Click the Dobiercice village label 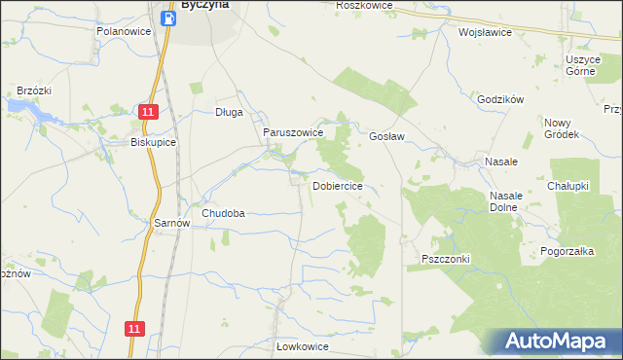tap(338, 185)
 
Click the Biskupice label tap(153, 141)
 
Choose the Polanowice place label tap(122, 31)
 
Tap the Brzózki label tap(33, 90)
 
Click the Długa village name tap(229, 112)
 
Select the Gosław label tap(386, 137)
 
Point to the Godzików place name tap(501, 99)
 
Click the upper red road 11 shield tap(146, 113)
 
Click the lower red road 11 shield tap(134, 329)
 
